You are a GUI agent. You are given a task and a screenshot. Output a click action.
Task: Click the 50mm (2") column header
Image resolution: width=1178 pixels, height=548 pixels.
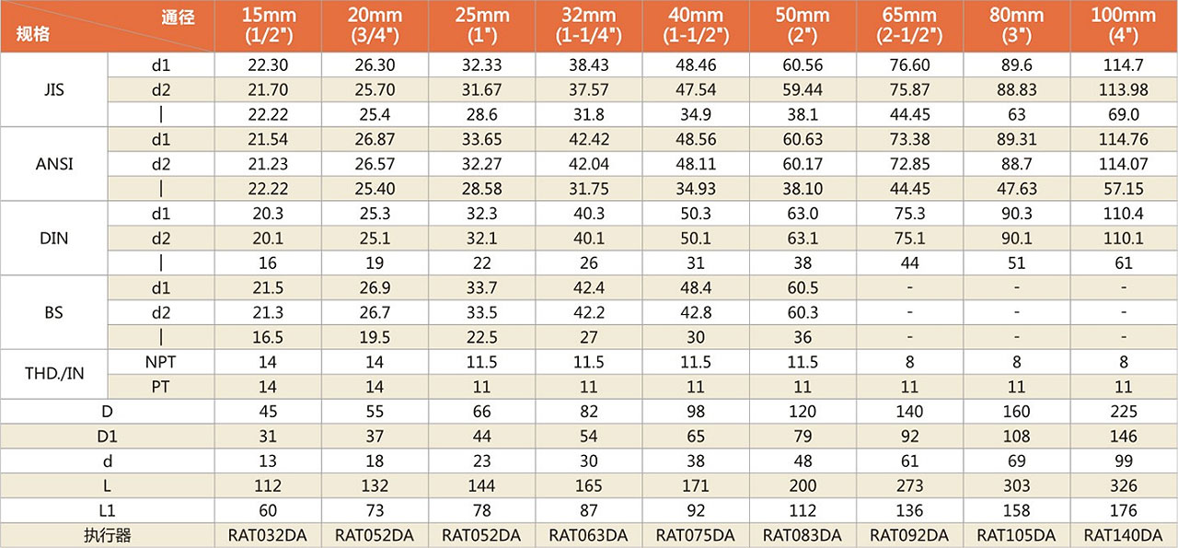click(803, 26)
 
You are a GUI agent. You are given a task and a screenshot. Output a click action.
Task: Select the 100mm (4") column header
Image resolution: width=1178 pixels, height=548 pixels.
click(1123, 26)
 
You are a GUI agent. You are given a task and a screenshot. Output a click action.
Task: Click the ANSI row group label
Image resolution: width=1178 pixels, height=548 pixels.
click(54, 164)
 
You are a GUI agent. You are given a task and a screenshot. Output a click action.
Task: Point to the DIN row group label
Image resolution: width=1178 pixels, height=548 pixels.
click(54, 239)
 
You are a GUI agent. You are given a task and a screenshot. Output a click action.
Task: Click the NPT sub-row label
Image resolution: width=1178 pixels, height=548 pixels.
click(161, 362)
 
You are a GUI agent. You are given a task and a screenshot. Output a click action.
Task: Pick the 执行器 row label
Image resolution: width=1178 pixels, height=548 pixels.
click(108, 535)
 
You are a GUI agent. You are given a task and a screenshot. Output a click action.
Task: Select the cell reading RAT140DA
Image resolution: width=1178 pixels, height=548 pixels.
click(1123, 535)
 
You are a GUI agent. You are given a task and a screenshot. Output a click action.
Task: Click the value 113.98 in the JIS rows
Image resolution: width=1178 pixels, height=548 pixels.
click(1123, 89)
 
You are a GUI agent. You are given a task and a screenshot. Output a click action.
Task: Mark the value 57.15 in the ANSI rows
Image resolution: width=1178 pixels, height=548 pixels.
click(1123, 189)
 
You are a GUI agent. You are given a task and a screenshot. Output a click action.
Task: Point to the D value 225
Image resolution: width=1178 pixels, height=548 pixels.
click(1123, 412)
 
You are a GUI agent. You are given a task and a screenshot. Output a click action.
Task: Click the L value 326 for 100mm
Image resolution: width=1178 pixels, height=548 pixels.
click(1123, 485)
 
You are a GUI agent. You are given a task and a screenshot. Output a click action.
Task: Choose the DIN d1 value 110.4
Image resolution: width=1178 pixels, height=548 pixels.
click(1123, 214)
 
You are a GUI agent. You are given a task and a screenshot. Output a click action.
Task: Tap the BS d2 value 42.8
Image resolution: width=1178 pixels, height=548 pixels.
click(695, 312)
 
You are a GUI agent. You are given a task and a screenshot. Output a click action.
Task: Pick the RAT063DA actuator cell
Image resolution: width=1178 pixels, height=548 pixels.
click(588, 535)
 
